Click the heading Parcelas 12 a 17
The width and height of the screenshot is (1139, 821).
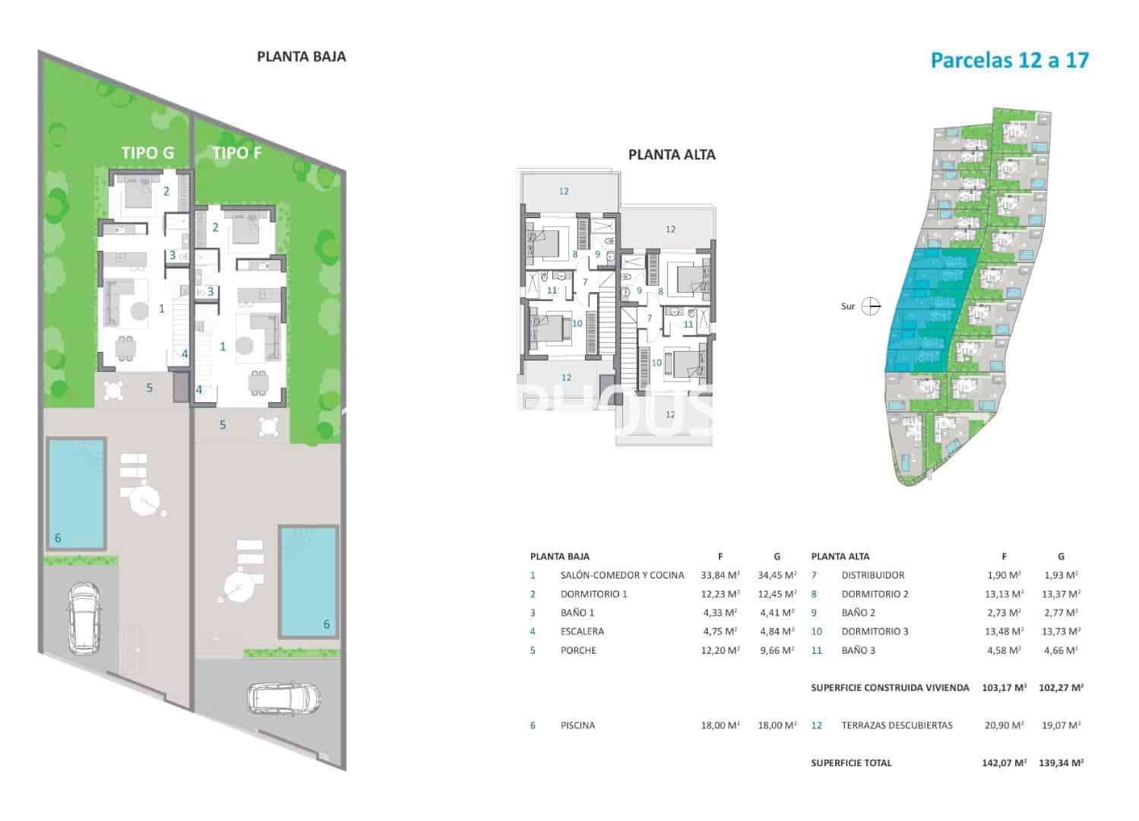tap(1009, 60)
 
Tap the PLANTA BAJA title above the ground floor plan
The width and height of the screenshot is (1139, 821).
tap(301, 56)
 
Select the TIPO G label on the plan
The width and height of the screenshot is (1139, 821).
tap(147, 153)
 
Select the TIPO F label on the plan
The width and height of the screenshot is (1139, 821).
tap(237, 153)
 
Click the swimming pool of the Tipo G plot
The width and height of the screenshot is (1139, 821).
tap(75, 493)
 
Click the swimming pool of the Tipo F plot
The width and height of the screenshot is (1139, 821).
tap(308, 582)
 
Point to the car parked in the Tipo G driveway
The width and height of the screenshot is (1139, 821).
tap(84, 617)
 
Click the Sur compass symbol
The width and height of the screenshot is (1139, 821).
tap(872, 306)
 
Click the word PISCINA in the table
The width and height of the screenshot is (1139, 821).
tap(577, 725)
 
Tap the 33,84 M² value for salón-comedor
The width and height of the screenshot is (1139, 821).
tap(719, 575)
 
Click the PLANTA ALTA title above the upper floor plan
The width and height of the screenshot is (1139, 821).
tap(672, 154)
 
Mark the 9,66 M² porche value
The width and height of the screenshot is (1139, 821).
tap(776, 650)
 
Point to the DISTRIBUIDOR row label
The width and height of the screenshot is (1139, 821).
tap(872, 575)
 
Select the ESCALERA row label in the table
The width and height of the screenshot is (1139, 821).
tap(582, 631)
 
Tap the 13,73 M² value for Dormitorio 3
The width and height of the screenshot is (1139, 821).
tap(1060, 631)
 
